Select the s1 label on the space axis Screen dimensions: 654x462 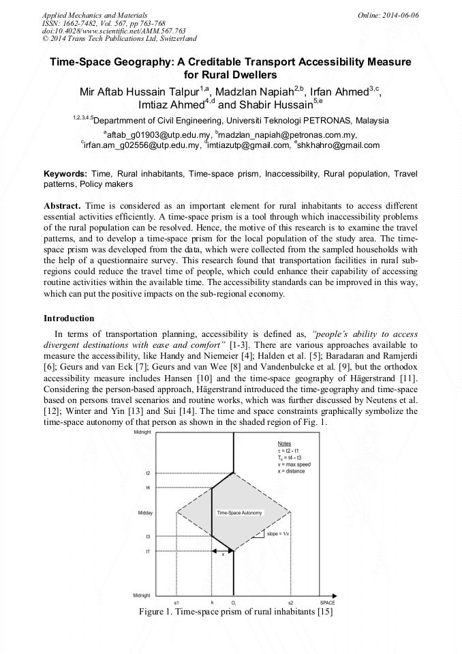(176, 604)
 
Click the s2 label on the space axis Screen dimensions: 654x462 (290, 604)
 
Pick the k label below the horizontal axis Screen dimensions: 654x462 (212, 604)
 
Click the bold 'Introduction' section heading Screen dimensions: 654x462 (70, 318)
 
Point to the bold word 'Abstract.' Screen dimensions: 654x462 (63, 205)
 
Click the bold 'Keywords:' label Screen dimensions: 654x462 (65, 174)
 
